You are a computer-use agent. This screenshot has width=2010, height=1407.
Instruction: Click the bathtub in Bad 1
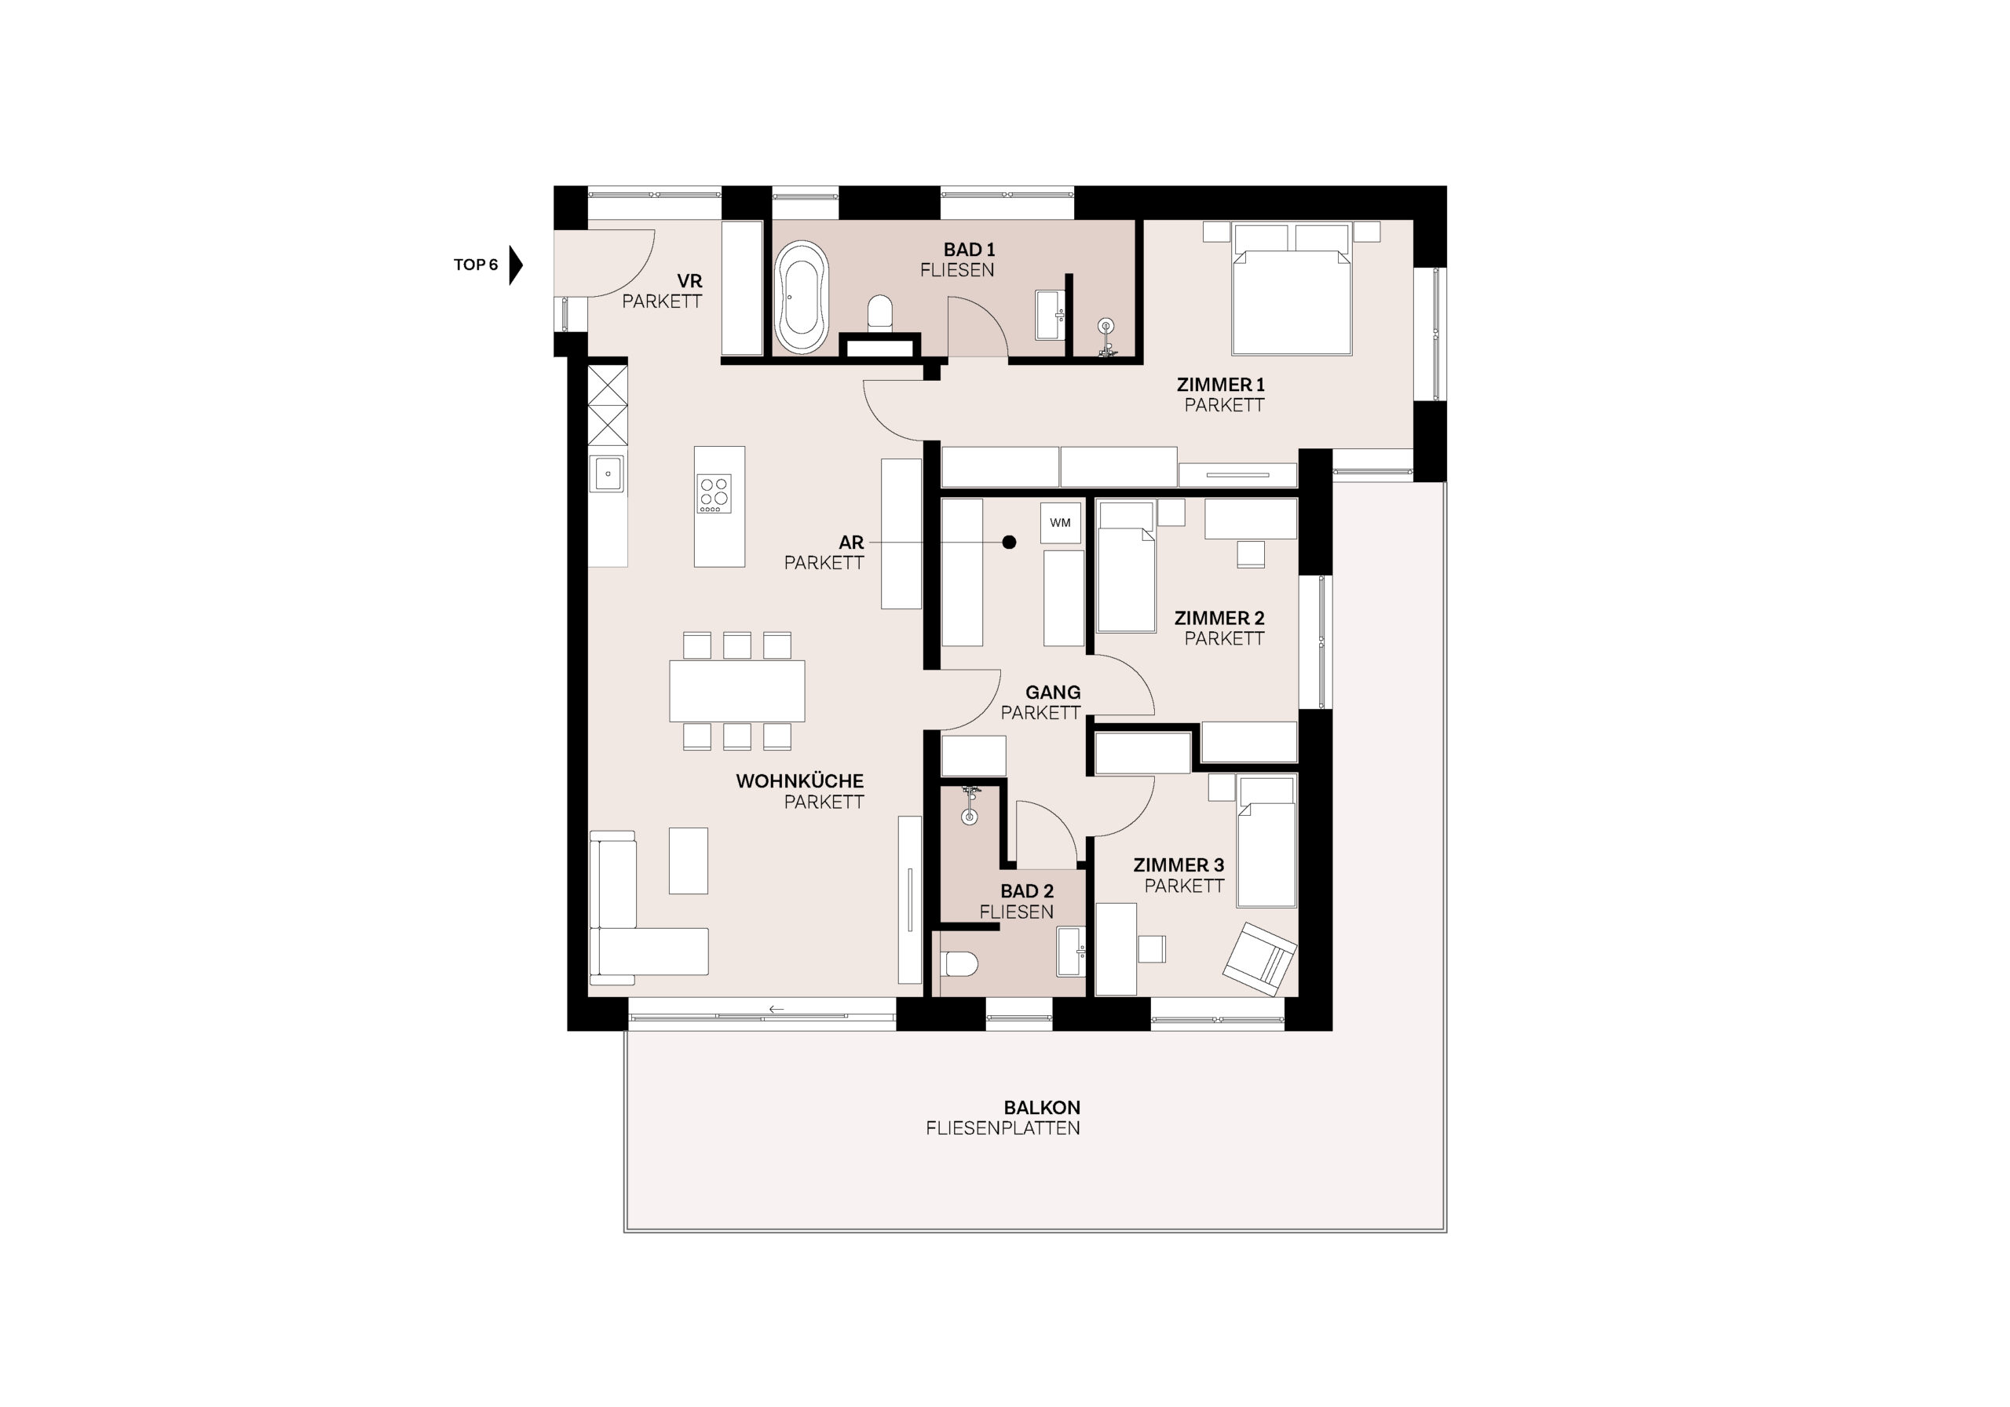(x=802, y=297)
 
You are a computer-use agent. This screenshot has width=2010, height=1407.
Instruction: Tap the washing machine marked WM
(x=1060, y=523)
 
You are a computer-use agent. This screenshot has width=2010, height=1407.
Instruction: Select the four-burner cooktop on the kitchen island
(x=714, y=494)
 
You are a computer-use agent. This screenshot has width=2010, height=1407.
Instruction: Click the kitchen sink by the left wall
(x=607, y=474)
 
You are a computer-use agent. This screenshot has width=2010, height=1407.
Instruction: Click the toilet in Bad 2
(x=961, y=964)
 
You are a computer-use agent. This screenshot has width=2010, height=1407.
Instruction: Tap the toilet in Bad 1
(x=880, y=313)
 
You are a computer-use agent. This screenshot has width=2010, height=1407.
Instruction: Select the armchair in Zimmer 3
(x=1259, y=959)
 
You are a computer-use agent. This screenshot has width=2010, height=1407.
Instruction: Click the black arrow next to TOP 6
(x=516, y=265)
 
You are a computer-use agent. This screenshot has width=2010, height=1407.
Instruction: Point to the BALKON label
(x=1042, y=1108)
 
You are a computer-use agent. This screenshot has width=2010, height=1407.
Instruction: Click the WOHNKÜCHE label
(x=799, y=781)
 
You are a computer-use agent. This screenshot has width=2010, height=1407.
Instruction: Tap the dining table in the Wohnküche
(x=737, y=691)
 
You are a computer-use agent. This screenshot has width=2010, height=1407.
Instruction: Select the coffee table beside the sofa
(x=688, y=861)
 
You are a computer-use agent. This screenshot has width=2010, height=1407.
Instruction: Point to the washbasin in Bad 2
(x=1071, y=952)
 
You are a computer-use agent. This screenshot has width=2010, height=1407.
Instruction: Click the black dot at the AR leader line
(x=1010, y=542)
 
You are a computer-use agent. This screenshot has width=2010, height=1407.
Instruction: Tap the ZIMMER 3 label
(x=1179, y=865)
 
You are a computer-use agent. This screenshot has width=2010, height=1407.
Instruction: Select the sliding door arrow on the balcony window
(x=776, y=1010)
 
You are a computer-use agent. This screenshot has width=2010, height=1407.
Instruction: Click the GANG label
(x=1053, y=693)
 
